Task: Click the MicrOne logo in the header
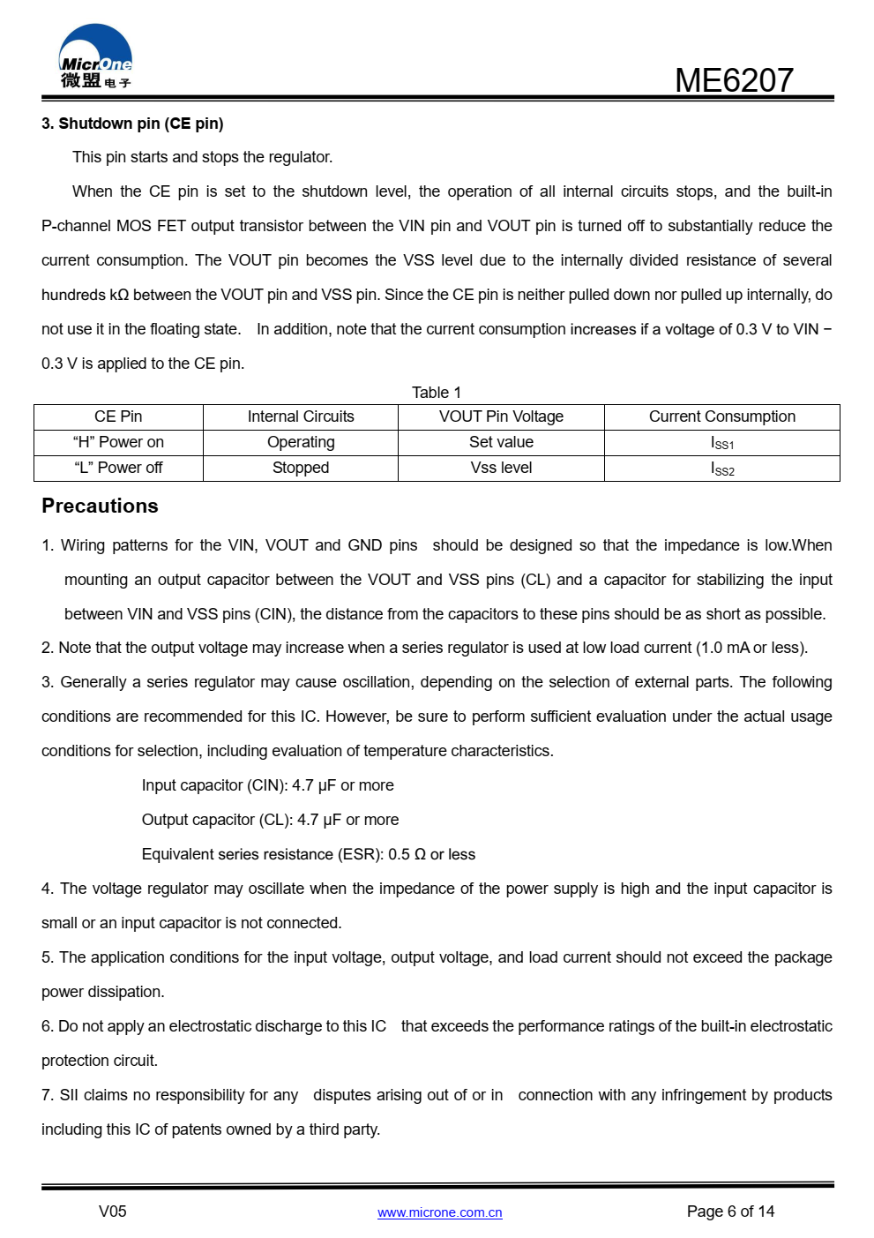click(x=95, y=57)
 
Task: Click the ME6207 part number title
click(x=734, y=80)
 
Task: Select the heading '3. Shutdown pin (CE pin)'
click(x=132, y=124)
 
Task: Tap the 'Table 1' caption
click(x=437, y=393)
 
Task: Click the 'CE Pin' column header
click(x=118, y=416)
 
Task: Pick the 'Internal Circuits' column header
click(x=301, y=416)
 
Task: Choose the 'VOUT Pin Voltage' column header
click(x=501, y=416)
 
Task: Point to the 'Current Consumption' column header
click(x=722, y=416)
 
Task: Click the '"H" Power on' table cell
click(x=118, y=442)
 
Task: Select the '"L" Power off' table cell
click(x=118, y=468)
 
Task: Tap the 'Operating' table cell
click(x=301, y=442)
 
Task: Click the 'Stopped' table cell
click(x=301, y=468)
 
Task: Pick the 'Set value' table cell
click(x=501, y=442)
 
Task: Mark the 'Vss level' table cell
click(x=501, y=468)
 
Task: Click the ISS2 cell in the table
click(x=722, y=469)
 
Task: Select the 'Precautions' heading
click(x=100, y=506)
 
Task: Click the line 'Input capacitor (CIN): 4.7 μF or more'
click(x=267, y=785)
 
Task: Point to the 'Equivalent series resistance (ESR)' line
click(x=308, y=854)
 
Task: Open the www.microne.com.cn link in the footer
click(x=439, y=1212)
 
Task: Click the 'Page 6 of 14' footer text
click(x=730, y=1212)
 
